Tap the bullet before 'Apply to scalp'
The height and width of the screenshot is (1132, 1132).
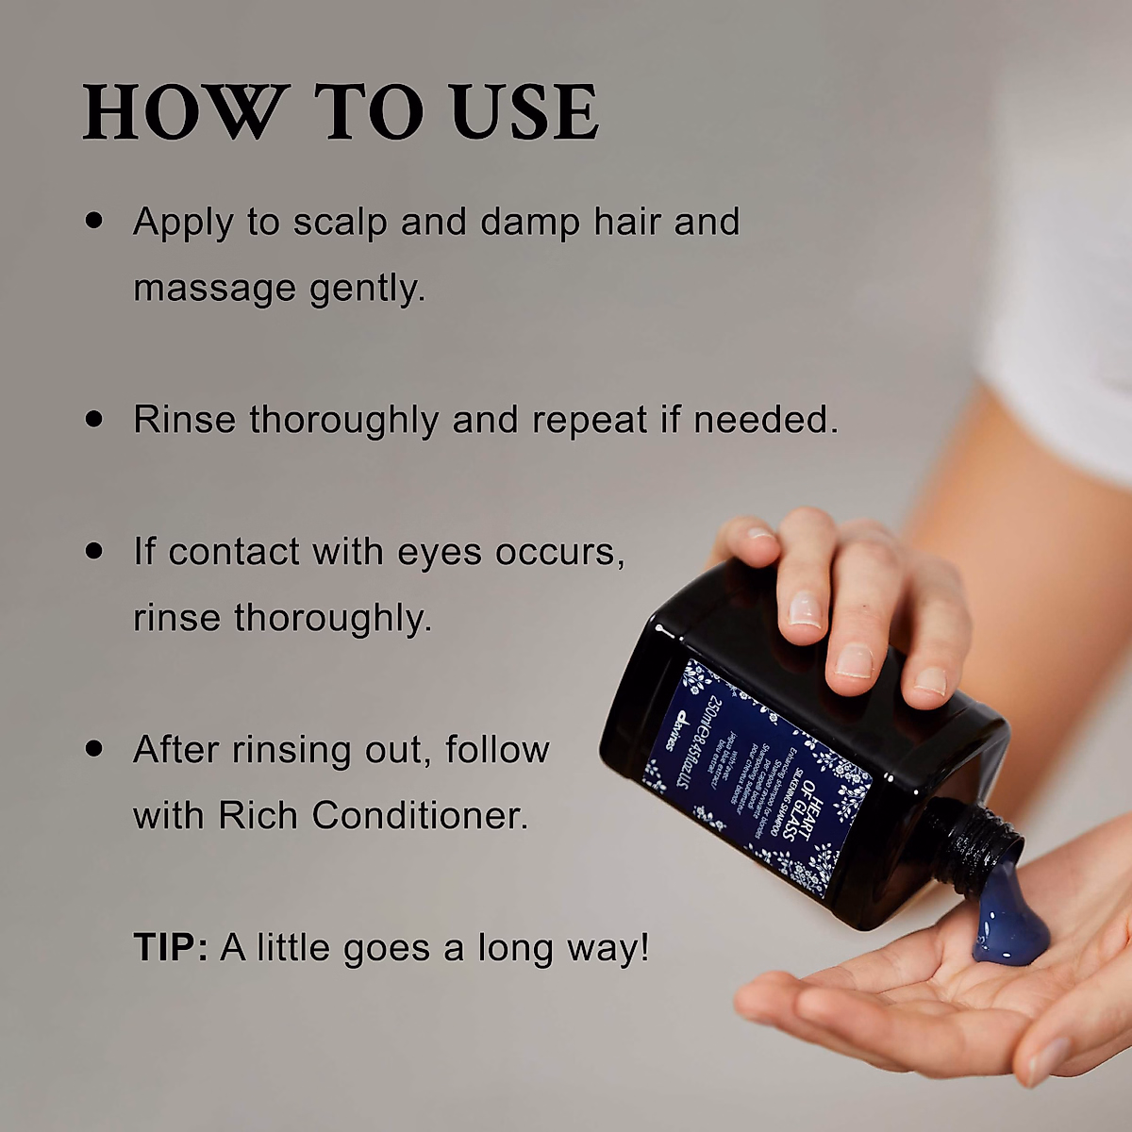click(93, 221)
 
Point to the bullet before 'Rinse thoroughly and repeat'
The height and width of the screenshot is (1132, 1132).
click(93, 418)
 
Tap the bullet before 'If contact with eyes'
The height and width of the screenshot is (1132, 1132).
click(93, 550)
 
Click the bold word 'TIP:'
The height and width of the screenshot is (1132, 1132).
click(171, 947)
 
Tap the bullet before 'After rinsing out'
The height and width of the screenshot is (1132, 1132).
click(93, 748)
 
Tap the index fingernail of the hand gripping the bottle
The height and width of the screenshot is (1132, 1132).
click(804, 608)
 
